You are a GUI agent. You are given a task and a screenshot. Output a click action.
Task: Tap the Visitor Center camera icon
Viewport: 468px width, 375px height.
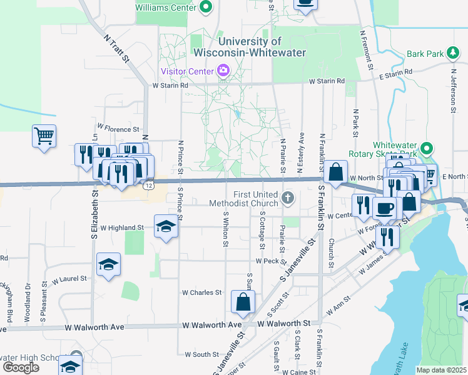coord(223,71)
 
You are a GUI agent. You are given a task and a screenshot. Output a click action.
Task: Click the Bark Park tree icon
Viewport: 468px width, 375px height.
coord(452,54)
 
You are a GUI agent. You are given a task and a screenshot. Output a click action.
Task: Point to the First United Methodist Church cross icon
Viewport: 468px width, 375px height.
coord(288,199)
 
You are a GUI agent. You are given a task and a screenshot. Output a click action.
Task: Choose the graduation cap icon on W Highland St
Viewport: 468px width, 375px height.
coord(166,226)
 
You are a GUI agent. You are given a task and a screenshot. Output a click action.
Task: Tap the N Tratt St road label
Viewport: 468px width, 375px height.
coord(117,49)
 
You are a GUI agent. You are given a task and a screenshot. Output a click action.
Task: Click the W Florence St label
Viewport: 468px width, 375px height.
coord(118,127)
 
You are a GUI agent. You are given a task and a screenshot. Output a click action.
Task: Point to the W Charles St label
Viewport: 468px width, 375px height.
coord(201,292)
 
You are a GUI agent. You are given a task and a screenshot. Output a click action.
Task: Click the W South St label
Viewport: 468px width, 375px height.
coord(201,355)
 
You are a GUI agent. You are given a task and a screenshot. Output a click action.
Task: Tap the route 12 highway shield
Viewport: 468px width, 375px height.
coord(148,186)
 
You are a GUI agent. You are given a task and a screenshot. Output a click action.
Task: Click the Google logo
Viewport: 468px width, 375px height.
coord(21,367)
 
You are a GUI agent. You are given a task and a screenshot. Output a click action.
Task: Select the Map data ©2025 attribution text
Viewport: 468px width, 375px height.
coord(441,370)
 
